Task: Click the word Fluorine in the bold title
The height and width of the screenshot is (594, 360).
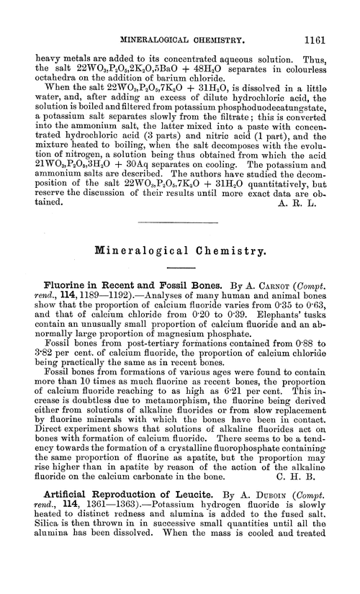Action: [x=69, y=286]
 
